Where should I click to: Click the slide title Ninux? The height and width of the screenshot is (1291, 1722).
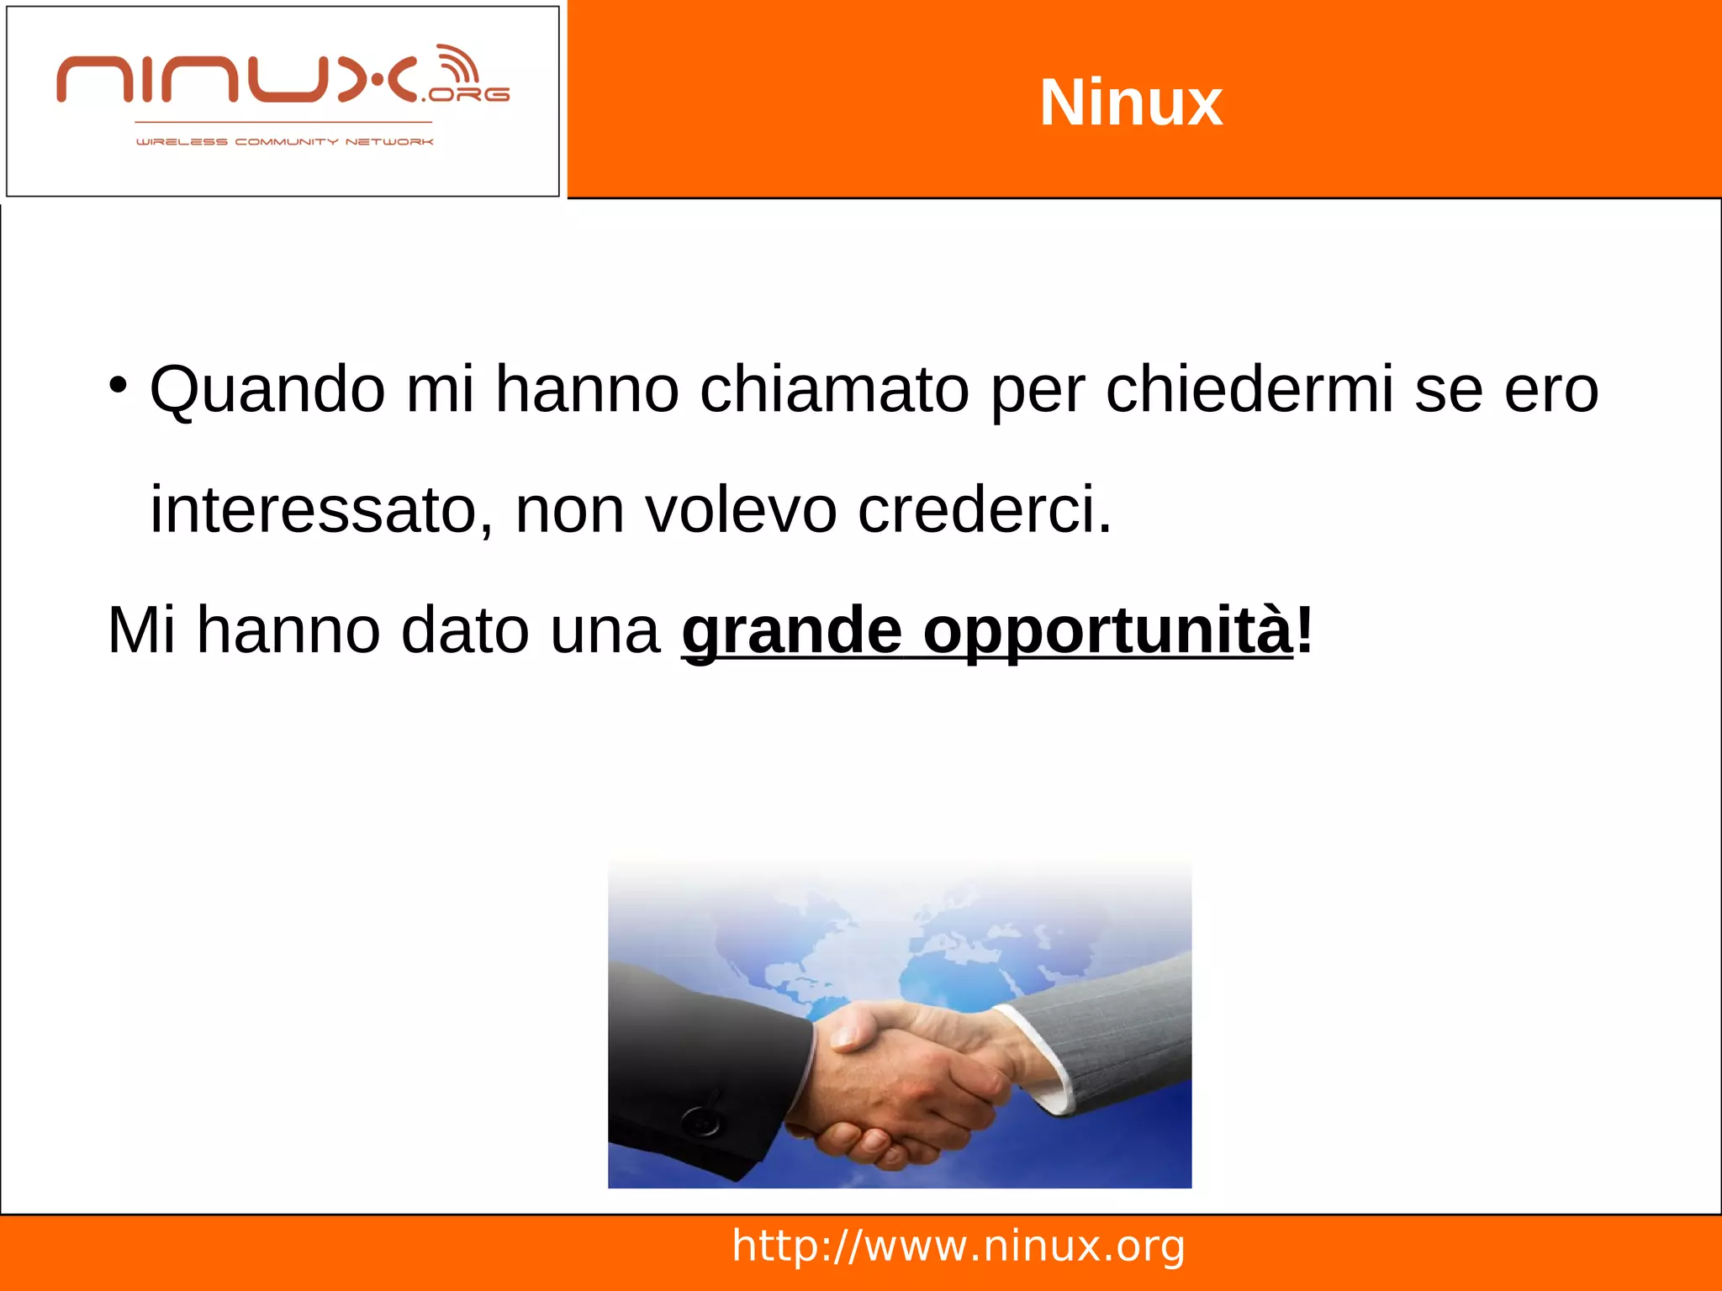click(1131, 103)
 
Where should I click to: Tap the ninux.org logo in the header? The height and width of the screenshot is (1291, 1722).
click(283, 80)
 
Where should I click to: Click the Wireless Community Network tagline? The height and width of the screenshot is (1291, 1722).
click(284, 142)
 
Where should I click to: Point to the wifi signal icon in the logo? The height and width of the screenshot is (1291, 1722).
click(459, 65)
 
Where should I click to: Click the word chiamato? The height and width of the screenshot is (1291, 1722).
click(834, 390)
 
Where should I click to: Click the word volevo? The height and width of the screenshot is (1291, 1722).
click(741, 509)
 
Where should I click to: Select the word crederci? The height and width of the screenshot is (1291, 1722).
click(984, 509)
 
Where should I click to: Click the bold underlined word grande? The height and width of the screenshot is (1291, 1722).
click(791, 631)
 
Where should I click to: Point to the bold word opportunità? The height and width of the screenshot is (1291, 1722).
click(1107, 631)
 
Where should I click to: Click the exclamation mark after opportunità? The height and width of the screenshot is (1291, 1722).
click(1304, 630)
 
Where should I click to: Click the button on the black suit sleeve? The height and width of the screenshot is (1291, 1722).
click(700, 1120)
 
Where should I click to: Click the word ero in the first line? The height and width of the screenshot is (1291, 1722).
click(1551, 390)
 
